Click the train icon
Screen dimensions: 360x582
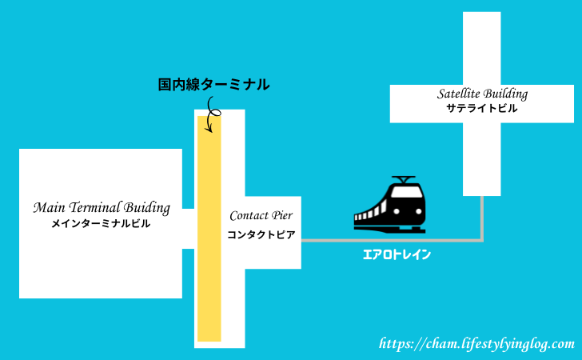coord(391,206)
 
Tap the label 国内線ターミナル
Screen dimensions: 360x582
coord(214,84)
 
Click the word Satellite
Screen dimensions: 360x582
coord(461,94)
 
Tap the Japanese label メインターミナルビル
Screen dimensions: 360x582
coord(101,225)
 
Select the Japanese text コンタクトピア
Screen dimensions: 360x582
coord(261,234)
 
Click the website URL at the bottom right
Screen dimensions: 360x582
coord(476,344)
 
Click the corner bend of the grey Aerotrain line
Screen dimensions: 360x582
coord(481,238)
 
